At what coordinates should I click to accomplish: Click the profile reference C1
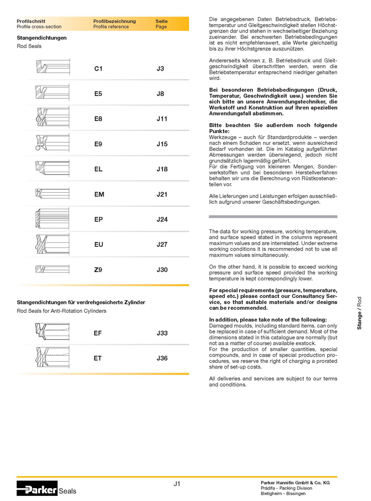[98, 69]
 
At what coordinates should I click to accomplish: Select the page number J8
[160, 94]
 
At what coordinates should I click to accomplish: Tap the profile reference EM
[99, 194]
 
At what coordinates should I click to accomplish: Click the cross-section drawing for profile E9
[52, 144]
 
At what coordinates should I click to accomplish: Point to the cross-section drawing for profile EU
[52, 244]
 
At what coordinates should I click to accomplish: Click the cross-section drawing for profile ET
[52, 357]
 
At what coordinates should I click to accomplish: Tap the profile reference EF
[98, 333]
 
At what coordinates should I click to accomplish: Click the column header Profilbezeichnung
[114, 21]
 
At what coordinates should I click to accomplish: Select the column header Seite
[161, 21]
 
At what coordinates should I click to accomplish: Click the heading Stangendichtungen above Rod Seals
[42, 38]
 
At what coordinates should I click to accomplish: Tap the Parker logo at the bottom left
[37, 489]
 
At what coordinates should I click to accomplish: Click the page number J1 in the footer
[177, 483]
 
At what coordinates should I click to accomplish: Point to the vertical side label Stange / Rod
[360, 313]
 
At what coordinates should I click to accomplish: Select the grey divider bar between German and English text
[273, 216]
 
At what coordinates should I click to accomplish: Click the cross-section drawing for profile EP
[52, 219]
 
